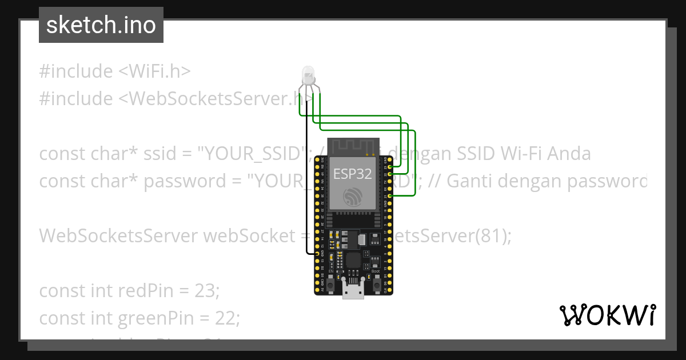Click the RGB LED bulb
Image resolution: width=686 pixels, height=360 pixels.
pos(308,74)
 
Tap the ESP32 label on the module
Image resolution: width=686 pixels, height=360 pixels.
pos(353,174)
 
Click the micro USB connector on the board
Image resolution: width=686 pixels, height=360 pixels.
pos(353,291)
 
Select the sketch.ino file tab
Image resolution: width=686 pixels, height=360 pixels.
pos(101,25)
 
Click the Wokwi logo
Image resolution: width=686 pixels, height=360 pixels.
pos(608,315)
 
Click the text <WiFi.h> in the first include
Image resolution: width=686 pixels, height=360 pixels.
pos(154,71)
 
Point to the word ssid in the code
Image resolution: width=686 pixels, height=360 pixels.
pos(163,154)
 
